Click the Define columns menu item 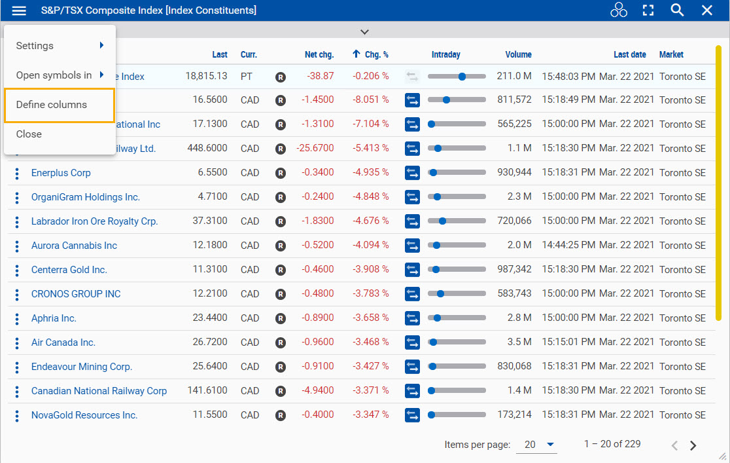pyautogui.click(x=52, y=105)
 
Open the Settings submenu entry pyautogui.click(x=35, y=46)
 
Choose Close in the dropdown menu pyautogui.click(x=29, y=134)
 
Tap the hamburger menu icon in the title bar pyautogui.click(x=20, y=10)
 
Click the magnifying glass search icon pyautogui.click(x=677, y=10)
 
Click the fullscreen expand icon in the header pyautogui.click(x=648, y=10)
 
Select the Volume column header pyautogui.click(x=518, y=55)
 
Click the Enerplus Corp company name pyautogui.click(x=61, y=173)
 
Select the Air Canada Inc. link pyautogui.click(x=63, y=343)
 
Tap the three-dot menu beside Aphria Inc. pyautogui.click(x=17, y=319)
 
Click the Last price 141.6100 pyautogui.click(x=207, y=390)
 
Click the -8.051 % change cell pyautogui.click(x=370, y=100)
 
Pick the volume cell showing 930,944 pyautogui.click(x=514, y=173)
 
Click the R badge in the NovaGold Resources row pyautogui.click(x=281, y=415)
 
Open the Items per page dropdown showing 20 pyautogui.click(x=539, y=445)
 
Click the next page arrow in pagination pyautogui.click(x=693, y=445)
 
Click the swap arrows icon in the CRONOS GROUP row pyautogui.click(x=412, y=294)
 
